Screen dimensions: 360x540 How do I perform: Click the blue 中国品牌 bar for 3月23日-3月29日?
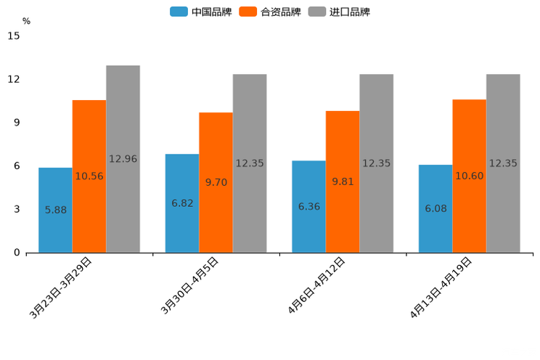pos(55,210)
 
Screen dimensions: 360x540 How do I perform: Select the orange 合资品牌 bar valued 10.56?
pos(89,176)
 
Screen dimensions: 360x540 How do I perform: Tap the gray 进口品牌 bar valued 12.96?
pos(123,159)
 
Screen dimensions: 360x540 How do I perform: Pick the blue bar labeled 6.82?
pos(182,203)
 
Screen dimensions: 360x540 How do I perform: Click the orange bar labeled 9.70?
pos(216,182)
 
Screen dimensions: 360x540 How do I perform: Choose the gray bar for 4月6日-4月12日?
pos(376,163)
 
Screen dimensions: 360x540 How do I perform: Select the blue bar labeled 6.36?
pos(308,207)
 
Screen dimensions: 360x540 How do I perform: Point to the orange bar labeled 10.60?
pos(469,176)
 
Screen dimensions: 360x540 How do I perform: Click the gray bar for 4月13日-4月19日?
pos(503,163)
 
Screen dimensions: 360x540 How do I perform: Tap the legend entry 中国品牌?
pos(201,12)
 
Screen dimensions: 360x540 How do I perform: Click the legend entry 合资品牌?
pos(270,12)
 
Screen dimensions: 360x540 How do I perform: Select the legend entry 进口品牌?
pos(340,12)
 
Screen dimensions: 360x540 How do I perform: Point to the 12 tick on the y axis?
pos(14,79)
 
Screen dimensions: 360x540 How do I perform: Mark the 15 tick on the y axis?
pos(14,36)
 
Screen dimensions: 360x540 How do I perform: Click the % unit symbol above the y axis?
pos(26,22)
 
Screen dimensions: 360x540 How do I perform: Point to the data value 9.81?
pos(343,182)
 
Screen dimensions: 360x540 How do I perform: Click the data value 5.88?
pos(55,210)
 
